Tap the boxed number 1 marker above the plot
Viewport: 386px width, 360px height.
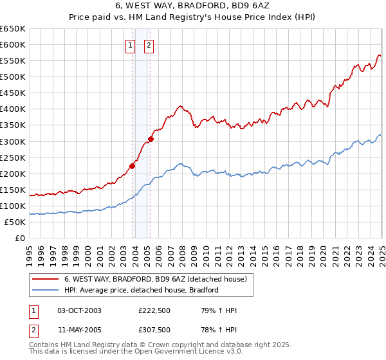(130, 45)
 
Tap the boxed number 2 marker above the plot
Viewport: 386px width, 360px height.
(149, 45)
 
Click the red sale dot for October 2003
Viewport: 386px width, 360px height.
(132, 166)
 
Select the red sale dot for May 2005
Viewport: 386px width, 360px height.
(151, 139)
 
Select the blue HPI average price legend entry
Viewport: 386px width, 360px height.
(142, 290)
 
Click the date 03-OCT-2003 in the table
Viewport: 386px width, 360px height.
(79, 311)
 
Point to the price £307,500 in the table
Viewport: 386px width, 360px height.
(154, 330)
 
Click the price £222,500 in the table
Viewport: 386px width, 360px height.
(154, 311)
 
